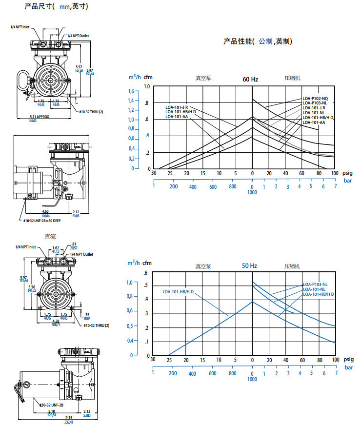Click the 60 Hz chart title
[x=250, y=79]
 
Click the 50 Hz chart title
[x=249, y=266]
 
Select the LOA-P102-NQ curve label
[x=315, y=99]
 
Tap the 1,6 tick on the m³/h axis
[x=130, y=92]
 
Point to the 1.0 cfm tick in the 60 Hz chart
[x=147, y=87]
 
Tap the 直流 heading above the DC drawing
[x=50, y=237]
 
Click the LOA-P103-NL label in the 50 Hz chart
[x=315, y=285]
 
